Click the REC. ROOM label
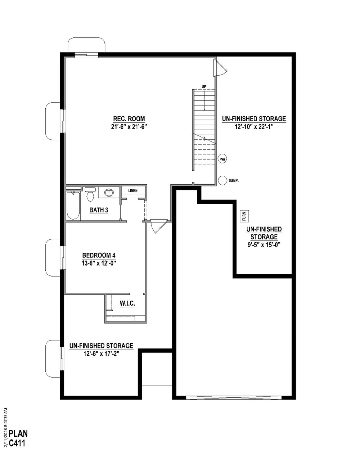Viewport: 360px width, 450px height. coord(129,119)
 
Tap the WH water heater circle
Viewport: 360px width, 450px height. coord(222,159)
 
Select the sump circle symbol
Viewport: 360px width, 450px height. coord(222,180)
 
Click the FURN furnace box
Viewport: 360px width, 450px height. coord(244,216)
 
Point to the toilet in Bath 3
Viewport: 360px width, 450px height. coord(90,194)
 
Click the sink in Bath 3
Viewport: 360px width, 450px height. coord(109,192)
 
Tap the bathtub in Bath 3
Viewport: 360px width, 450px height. coord(73,205)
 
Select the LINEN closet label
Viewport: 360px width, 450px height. coord(133,190)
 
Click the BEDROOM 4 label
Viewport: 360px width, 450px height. coord(99,255)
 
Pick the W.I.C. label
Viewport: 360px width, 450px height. coord(127,303)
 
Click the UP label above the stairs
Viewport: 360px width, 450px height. coord(204,86)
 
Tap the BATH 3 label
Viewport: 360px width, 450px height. coord(99,210)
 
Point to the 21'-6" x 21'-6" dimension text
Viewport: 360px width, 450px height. coord(129,127)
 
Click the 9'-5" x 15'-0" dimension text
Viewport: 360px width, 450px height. coord(264,245)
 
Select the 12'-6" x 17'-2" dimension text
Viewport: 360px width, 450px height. coord(102,354)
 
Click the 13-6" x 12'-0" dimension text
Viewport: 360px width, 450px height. coord(99,263)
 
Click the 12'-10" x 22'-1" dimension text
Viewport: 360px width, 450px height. coord(254,127)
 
